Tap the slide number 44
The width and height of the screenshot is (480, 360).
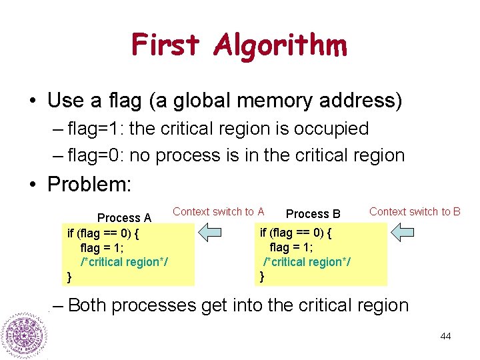[445, 336]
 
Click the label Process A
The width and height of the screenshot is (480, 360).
[124, 218]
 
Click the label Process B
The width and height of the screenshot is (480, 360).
[313, 214]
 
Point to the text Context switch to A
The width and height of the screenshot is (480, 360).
[218, 212]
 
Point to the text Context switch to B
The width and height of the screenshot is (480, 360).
[415, 212]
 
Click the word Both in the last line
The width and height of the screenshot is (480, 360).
[87, 305]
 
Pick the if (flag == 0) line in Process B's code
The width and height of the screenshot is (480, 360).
[295, 233]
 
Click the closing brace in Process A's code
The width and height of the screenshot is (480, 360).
[69, 276]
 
